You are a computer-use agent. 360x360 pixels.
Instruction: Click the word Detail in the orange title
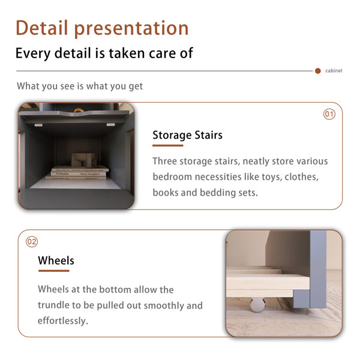[x=42, y=28]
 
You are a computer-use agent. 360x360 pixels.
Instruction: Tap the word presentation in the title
[x=131, y=29]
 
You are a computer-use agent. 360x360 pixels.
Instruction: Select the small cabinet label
[x=334, y=71]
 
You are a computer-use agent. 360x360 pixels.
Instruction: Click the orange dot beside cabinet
[x=318, y=71]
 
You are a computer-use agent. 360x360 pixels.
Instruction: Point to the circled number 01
[x=329, y=114]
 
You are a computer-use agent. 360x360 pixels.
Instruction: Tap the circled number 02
[x=32, y=242]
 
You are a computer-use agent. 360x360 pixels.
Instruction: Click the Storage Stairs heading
[x=187, y=135]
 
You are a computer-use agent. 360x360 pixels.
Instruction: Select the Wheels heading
[x=56, y=260]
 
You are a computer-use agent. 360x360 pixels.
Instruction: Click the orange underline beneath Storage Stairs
[x=168, y=146]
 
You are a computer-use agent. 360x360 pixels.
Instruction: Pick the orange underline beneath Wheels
[x=54, y=271]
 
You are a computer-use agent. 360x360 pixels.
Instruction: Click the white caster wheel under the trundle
[x=257, y=305]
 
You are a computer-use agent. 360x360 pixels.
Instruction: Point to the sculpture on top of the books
[x=83, y=160]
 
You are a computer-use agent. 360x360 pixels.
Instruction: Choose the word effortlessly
[x=63, y=321]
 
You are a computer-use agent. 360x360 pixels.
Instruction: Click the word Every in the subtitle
[x=33, y=53]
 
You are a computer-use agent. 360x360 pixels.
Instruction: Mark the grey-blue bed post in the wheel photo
[x=318, y=269]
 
